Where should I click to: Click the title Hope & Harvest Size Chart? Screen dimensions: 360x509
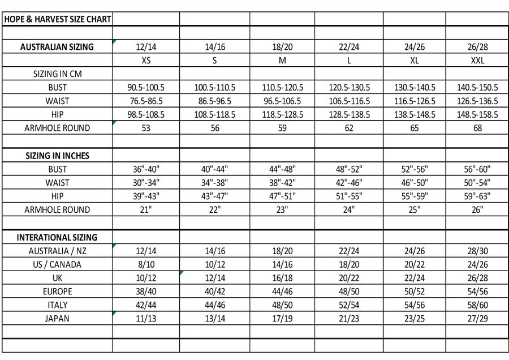[57, 19]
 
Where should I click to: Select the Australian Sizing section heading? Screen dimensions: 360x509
[57, 47]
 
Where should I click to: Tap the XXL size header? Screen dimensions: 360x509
[477, 61]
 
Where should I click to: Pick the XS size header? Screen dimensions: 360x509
[146, 61]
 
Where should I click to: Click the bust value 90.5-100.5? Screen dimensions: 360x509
[146, 88]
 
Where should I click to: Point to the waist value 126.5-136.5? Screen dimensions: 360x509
[477, 101]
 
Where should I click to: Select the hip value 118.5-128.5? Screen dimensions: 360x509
[282, 114]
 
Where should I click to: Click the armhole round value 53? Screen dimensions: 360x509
[146, 128]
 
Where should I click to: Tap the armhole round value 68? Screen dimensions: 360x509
[477, 128]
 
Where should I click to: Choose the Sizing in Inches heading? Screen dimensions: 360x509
[57, 156]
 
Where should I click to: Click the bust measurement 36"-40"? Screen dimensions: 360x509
[146, 169]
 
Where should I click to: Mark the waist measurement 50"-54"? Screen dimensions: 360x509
[477, 183]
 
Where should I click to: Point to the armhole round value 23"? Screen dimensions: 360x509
[282, 209]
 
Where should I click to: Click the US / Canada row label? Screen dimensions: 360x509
[57, 264]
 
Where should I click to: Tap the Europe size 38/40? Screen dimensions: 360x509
[146, 292]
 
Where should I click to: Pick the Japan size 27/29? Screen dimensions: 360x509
[477, 318]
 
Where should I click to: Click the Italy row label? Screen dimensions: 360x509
[57, 305]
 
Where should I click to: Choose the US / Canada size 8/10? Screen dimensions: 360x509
[146, 264]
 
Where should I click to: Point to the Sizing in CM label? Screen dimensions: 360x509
[57, 74]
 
